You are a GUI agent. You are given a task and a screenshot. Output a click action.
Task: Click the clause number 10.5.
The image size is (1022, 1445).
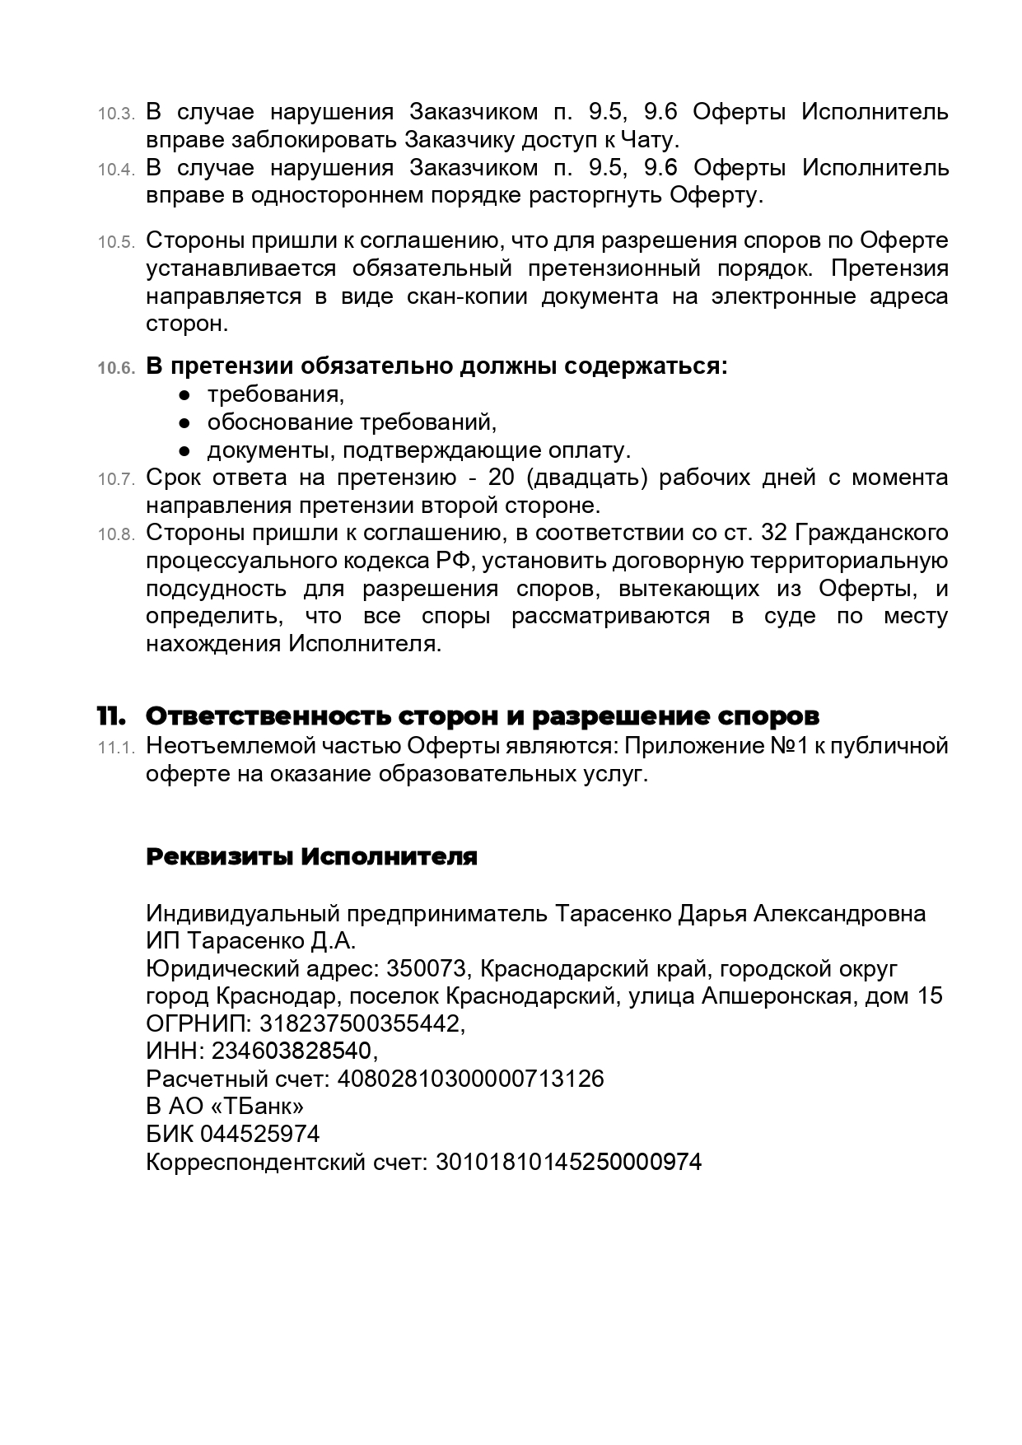coord(115,243)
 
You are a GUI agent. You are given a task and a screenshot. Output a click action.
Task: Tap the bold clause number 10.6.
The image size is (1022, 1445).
coord(115,369)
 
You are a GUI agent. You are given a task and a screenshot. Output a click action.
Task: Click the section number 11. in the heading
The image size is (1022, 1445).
coord(111,716)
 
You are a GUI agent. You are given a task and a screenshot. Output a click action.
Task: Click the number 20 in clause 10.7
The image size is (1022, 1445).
coord(502,478)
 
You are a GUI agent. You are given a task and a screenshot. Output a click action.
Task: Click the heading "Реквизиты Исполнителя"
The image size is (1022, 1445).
coord(311,856)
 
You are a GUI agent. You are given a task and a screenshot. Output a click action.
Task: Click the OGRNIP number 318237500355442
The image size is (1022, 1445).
coord(361,1023)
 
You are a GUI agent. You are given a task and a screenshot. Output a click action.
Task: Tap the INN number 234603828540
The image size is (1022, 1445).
coord(292,1051)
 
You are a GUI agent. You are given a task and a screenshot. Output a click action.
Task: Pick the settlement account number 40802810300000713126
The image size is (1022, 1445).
coord(471,1079)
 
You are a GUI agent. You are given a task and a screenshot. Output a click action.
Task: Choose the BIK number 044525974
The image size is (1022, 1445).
coord(259,1135)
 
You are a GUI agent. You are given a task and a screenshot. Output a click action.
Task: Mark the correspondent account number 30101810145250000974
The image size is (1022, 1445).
coord(567,1163)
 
